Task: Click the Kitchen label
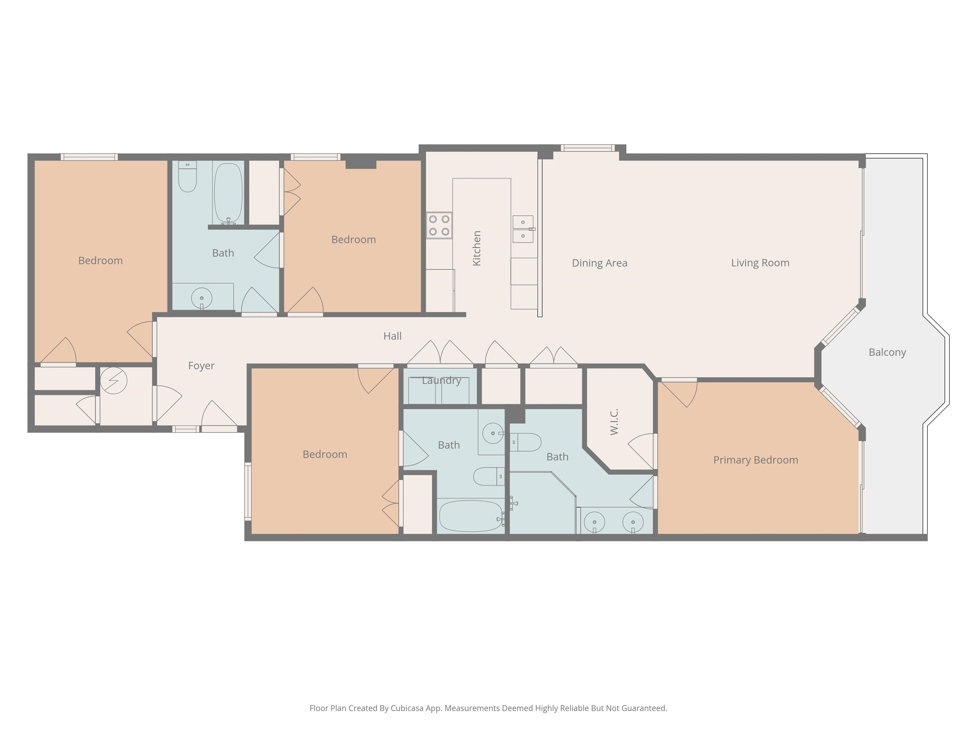pyautogui.click(x=477, y=248)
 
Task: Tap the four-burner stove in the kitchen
pyautogui.click(x=439, y=225)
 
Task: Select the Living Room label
pyautogui.click(x=760, y=263)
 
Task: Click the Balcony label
pyautogui.click(x=887, y=353)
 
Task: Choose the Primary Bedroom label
pyautogui.click(x=756, y=460)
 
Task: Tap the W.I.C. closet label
pyautogui.click(x=614, y=422)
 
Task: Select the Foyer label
pyautogui.click(x=201, y=366)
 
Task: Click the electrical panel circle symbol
pyautogui.click(x=114, y=380)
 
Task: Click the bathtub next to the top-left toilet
pyautogui.click(x=228, y=193)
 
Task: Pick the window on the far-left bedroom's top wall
pyautogui.click(x=89, y=157)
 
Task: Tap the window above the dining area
pyautogui.click(x=587, y=148)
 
